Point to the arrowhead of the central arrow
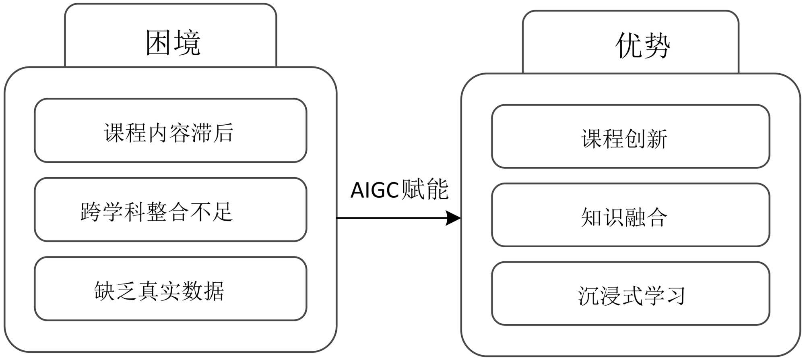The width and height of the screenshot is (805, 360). (454, 218)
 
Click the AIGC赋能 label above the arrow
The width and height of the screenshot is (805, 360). (399, 189)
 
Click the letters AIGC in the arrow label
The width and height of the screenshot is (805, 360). (374, 190)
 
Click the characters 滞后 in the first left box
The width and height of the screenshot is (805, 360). (213, 132)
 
